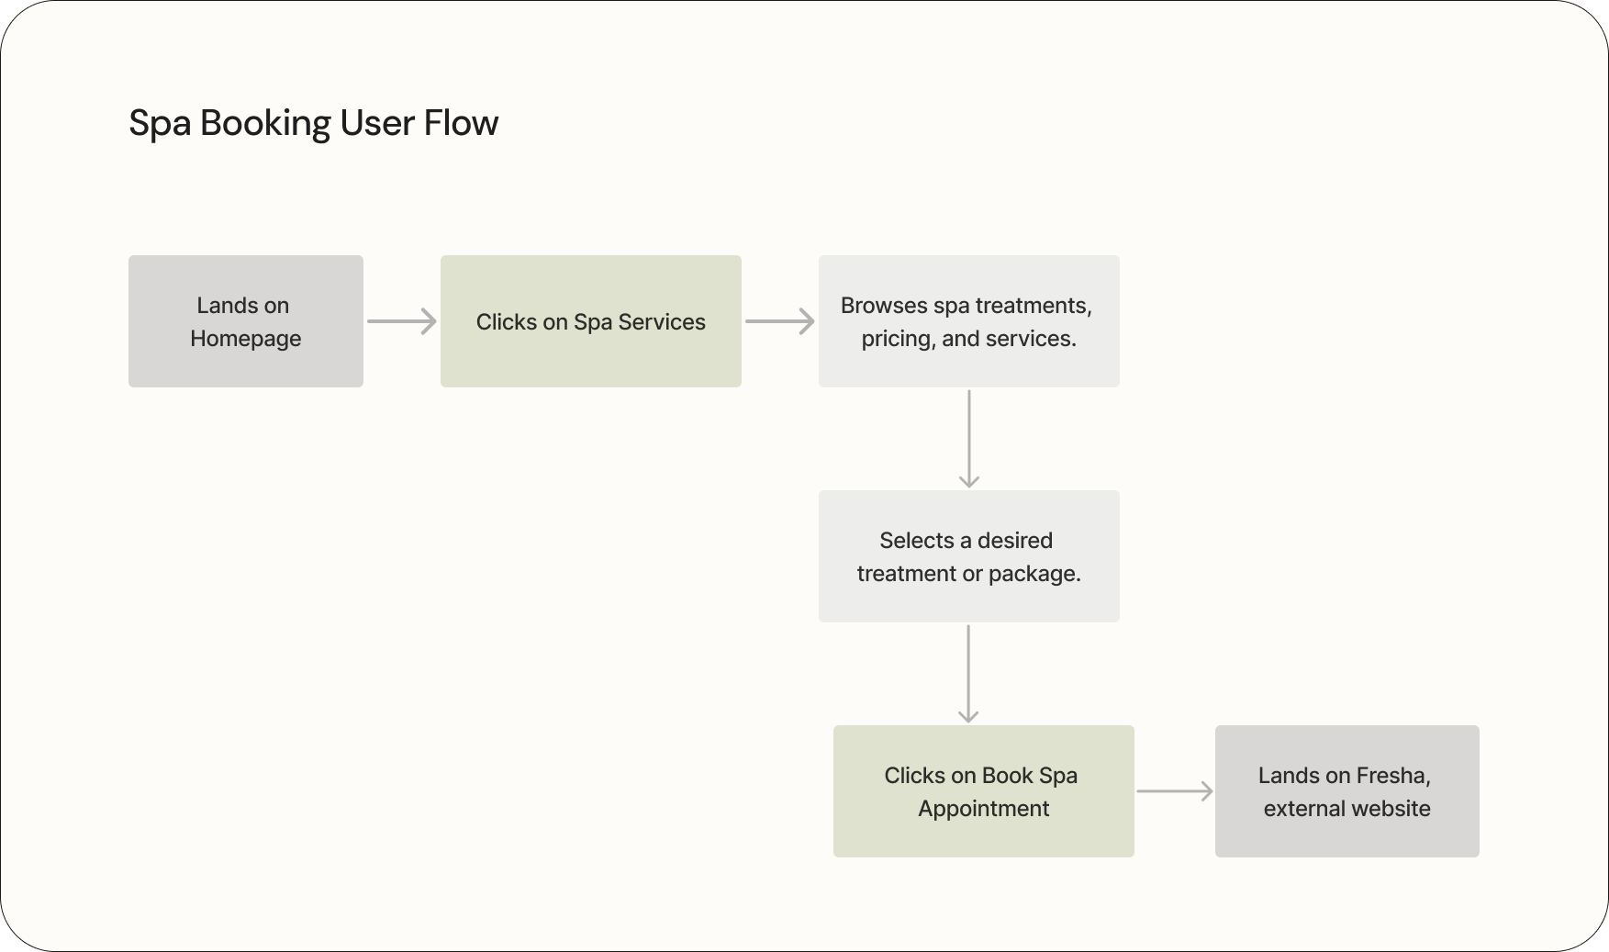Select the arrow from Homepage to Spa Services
point(401,321)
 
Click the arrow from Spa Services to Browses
point(779,321)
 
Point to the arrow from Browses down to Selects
point(968,439)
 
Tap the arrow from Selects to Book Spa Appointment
point(968,674)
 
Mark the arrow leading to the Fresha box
point(1174,791)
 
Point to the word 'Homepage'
point(245,339)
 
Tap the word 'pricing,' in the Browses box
point(898,339)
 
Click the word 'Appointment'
point(983,809)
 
